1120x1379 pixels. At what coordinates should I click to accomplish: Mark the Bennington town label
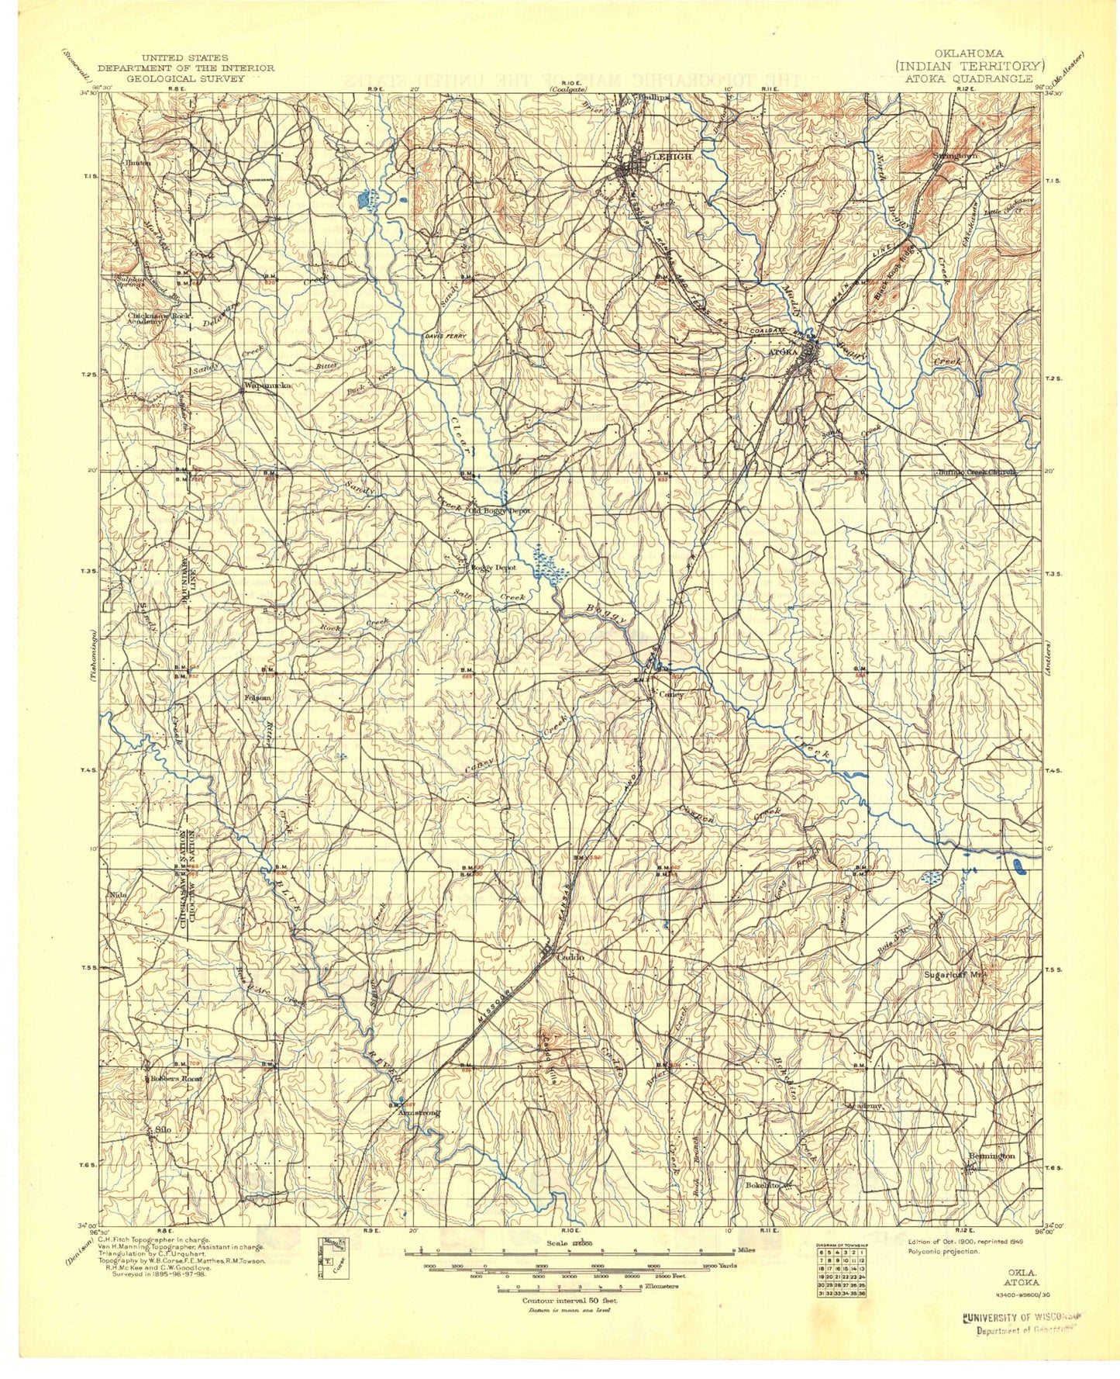tap(991, 1156)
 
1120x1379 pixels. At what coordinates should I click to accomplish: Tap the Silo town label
tap(163, 1129)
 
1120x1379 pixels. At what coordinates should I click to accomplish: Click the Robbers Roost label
tap(176, 1079)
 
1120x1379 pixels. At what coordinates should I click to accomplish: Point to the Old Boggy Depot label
tap(498, 511)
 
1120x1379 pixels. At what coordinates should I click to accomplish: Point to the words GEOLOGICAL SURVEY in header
tap(184, 78)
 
